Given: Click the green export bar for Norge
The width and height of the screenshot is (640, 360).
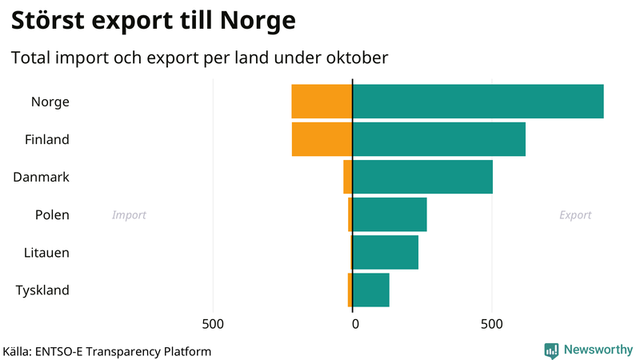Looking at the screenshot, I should pyautogui.click(x=478, y=102).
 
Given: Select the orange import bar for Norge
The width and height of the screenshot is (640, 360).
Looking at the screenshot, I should pyautogui.click(x=322, y=102).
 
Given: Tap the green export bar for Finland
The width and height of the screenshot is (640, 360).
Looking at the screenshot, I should pyautogui.click(x=438, y=139).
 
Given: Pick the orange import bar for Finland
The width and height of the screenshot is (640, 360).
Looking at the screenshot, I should pyautogui.click(x=322, y=139).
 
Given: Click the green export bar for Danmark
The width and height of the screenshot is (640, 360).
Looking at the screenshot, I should pyautogui.click(x=422, y=177).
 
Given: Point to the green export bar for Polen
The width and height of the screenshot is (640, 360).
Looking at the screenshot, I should pyautogui.click(x=390, y=214).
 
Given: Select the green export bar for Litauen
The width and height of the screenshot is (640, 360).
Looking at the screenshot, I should pyautogui.click(x=385, y=252).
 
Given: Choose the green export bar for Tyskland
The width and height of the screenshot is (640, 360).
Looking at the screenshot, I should pyautogui.click(x=370, y=290).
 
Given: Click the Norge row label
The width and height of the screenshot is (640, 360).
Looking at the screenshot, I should pyautogui.click(x=50, y=102).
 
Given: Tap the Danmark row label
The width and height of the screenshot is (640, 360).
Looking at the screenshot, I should pyautogui.click(x=42, y=177).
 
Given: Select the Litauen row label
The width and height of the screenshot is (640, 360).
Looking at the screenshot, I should pyautogui.click(x=46, y=252).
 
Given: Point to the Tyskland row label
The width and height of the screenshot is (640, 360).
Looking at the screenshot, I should pyautogui.click(x=42, y=290).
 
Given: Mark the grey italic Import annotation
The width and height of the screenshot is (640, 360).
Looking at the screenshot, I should pyautogui.click(x=129, y=215).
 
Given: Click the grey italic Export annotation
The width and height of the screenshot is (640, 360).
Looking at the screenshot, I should pyautogui.click(x=575, y=215).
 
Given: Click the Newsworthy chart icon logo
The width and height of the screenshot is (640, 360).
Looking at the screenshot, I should pyautogui.click(x=551, y=350).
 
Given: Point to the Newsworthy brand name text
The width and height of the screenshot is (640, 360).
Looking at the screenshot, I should pyautogui.click(x=598, y=350).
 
